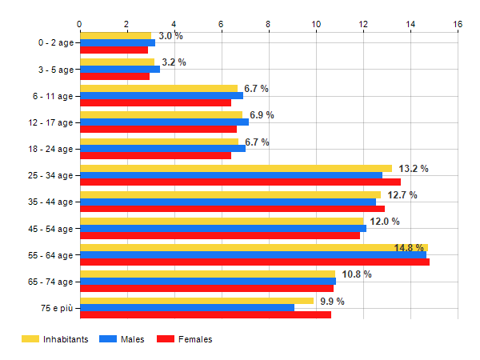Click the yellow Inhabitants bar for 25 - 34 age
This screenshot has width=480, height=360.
click(x=235, y=168)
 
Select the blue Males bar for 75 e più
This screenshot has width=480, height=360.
click(x=186, y=308)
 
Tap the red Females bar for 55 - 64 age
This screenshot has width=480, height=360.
click(x=254, y=262)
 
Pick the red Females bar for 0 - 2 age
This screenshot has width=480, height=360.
click(x=114, y=50)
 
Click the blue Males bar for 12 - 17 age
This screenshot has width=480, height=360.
click(x=164, y=122)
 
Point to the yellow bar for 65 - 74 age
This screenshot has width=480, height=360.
click(x=207, y=274)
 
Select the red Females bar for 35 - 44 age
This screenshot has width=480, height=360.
click(x=232, y=209)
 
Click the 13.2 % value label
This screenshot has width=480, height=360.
click(x=414, y=169)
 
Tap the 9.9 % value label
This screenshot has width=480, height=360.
click(x=332, y=302)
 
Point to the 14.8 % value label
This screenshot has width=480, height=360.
click(x=410, y=248)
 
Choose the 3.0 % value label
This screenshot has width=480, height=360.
click(x=170, y=36)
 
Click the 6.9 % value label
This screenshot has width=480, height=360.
click(x=262, y=115)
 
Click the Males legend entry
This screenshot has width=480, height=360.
click(x=122, y=339)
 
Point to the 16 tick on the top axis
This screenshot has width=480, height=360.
click(x=458, y=24)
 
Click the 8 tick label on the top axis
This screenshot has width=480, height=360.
click(x=269, y=24)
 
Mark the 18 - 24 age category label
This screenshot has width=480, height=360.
click(x=49, y=149)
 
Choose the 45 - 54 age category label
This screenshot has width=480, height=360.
click(x=49, y=229)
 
